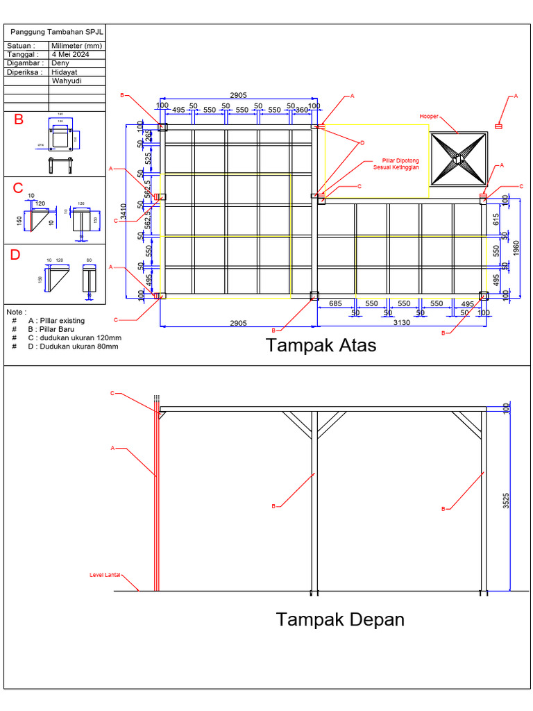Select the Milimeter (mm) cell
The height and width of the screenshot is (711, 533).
(x=76, y=46)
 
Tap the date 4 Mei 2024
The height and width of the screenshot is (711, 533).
(x=70, y=54)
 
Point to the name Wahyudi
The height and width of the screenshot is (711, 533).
(x=67, y=81)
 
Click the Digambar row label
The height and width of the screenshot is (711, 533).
(x=24, y=63)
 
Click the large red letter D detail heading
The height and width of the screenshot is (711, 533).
(x=15, y=256)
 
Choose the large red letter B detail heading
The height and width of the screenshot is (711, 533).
(x=19, y=119)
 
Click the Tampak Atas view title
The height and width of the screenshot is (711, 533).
(x=321, y=345)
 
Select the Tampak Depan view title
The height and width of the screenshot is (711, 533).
(x=340, y=619)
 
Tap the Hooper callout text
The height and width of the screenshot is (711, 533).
(x=429, y=117)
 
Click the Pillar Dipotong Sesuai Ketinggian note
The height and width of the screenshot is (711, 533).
(x=396, y=164)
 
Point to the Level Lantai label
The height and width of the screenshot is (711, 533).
(x=105, y=575)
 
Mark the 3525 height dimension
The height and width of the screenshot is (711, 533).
(x=507, y=502)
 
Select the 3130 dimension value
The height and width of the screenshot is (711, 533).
(x=402, y=322)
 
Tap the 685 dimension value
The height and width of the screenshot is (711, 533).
(x=335, y=304)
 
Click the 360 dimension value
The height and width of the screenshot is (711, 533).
(x=301, y=110)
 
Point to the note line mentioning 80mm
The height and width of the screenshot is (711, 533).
(x=74, y=346)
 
